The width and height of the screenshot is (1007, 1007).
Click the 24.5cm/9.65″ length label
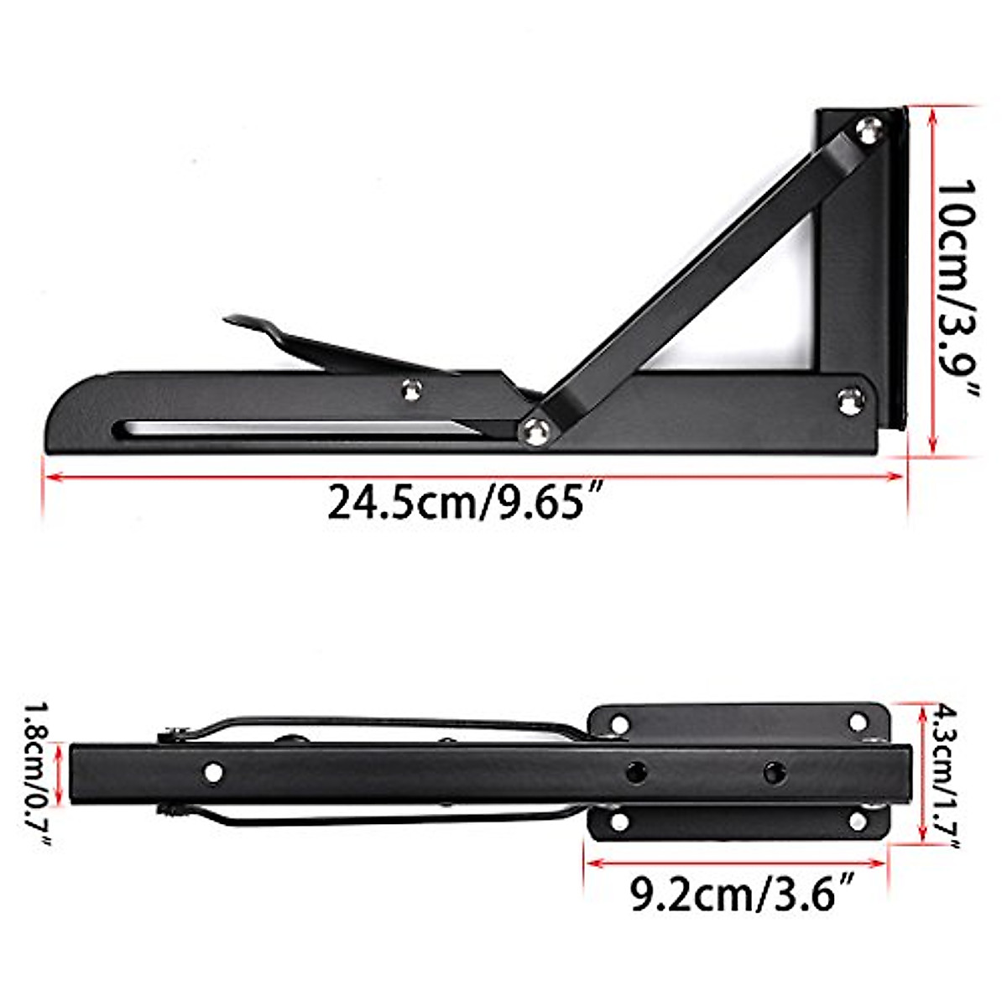pos(467,503)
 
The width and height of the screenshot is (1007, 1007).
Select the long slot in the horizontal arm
pos(294,428)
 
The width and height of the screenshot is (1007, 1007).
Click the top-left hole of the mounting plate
pos(619,723)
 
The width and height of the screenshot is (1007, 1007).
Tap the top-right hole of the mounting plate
pos(858,722)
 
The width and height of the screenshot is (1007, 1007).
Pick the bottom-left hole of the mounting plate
pos(619,821)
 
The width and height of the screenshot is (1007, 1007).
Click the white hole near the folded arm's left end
pos(214,771)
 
